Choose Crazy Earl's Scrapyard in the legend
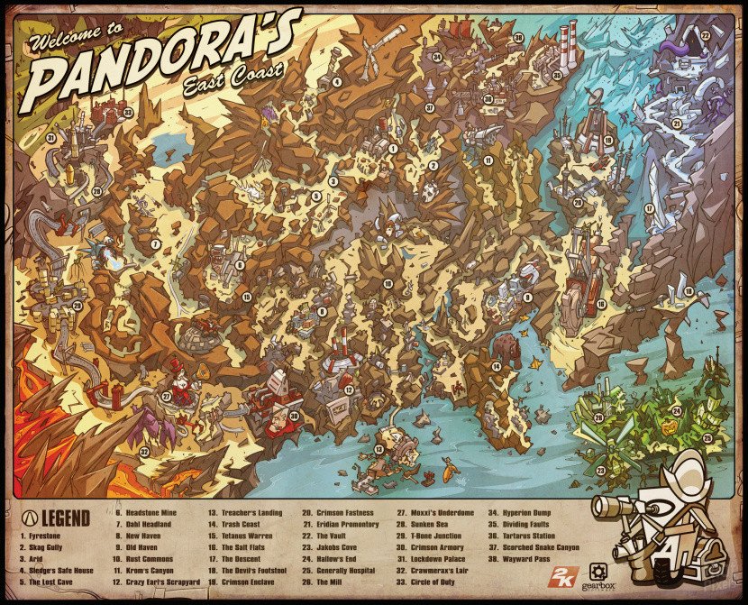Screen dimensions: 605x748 click(152, 582)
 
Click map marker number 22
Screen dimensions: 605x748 click(706, 36)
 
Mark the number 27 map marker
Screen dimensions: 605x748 click(166, 396)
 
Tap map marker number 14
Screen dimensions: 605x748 click(496, 367)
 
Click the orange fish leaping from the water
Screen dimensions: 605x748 click(448, 469)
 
